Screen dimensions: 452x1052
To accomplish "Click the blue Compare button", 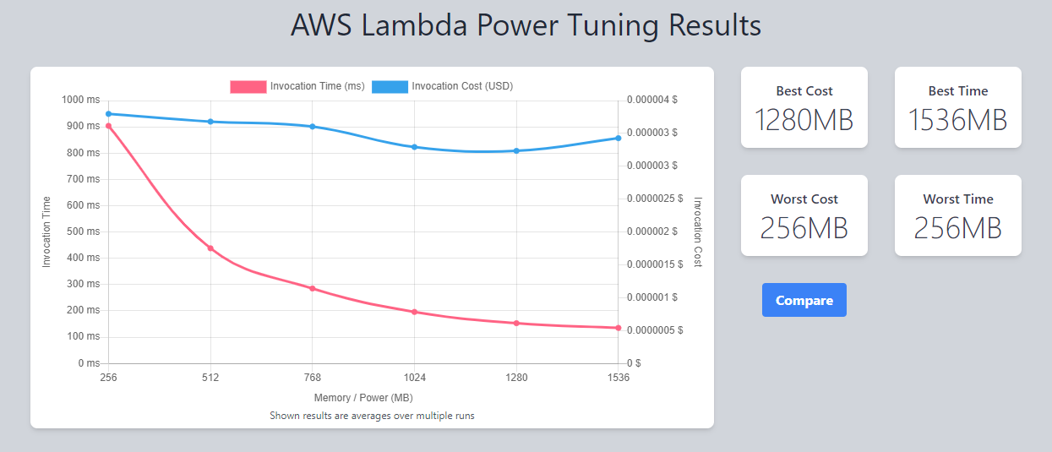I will tap(804, 300).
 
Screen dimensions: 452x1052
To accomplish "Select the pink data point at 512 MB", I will tap(210, 248).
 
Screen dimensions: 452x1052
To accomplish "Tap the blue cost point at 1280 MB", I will tap(516, 151).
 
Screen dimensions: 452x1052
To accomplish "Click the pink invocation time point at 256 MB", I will tap(108, 126).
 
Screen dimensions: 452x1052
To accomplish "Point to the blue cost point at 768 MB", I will tap(313, 127).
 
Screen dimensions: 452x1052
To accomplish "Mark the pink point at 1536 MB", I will tap(619, 328).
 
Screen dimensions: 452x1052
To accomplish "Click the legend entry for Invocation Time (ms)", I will tap(297, 86).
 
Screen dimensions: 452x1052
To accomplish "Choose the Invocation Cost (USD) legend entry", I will tap(442, 86).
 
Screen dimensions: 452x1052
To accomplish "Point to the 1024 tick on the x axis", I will tap(414, 378).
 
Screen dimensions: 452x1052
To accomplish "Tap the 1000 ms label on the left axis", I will tap(80, 100).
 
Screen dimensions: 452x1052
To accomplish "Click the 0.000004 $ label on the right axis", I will tap(652, 100).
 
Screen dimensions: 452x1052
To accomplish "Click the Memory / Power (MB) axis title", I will tap(363, 397).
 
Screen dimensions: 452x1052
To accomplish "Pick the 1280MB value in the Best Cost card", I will tap(804, 120).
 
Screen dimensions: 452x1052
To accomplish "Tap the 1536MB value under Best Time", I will tap(957, 120).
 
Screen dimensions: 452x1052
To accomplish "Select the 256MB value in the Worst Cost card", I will tap(804, 228).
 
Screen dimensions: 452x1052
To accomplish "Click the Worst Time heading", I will tap(957, 199).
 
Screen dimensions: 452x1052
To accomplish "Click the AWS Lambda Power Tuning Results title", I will tap(526, 25).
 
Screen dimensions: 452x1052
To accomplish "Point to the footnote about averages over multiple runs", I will tap(372, 416).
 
